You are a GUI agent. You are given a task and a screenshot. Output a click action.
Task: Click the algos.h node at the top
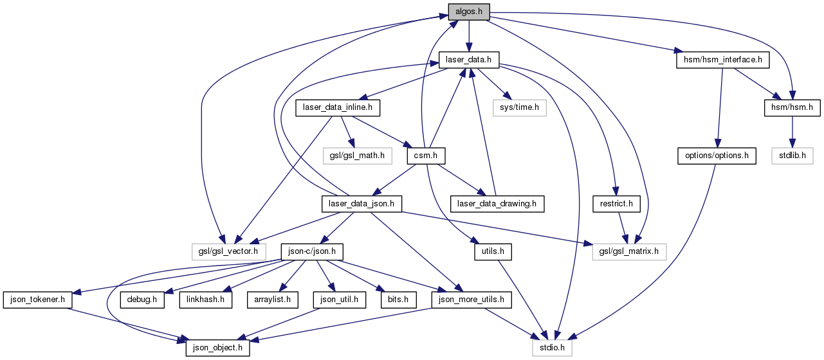468,11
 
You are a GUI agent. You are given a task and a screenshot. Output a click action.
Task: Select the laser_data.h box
470,60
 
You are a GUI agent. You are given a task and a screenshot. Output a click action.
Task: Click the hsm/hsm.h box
792,108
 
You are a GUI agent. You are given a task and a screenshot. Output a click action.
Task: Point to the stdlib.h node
792,156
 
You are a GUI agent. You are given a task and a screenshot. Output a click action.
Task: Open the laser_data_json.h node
362,204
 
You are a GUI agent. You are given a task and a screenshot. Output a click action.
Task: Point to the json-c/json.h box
311,251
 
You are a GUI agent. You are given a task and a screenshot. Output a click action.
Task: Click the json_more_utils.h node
472,300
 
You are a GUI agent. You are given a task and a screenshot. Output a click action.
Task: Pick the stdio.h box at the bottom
552,348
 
